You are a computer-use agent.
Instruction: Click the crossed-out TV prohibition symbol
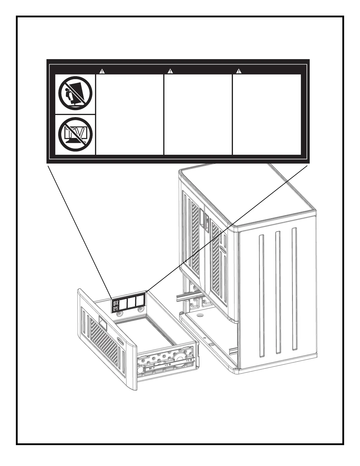pos(75,134)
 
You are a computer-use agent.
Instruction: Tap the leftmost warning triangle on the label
pos(101,71)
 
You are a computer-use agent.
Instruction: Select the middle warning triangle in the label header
pos(170,71)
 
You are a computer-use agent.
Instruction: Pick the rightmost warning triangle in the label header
pos(239,71)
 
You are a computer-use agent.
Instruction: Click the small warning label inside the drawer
pos(129,301)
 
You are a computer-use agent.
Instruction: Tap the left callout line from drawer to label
pos(79,229)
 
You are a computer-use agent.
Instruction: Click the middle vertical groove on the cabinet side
pos(278,291)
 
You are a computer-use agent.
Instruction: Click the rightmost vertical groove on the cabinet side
pos(294,288)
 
